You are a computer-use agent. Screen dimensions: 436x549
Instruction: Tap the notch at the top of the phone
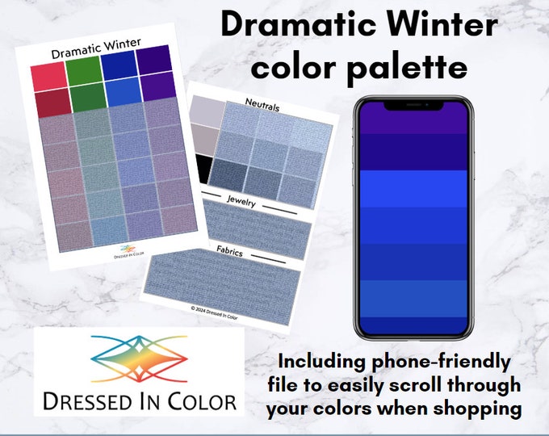412,105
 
